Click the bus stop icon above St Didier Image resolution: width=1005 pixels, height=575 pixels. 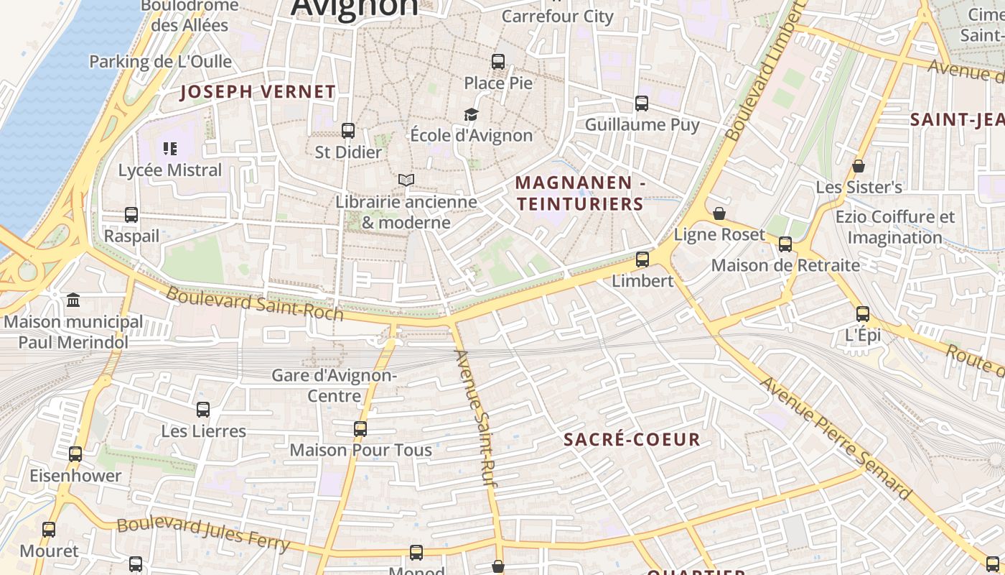[x=348, y=131]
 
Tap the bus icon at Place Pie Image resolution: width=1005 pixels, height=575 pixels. [x=498, y=62]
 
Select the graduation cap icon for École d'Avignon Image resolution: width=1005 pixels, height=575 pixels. [x=471, y=114]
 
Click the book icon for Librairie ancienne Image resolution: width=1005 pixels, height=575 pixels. [x=406, y=180]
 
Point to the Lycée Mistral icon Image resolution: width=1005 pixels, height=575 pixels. [x=170, y=149]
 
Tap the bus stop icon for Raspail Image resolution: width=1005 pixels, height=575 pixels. [x=131, y=215]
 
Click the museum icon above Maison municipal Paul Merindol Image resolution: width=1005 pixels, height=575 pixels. [x=73, y=300]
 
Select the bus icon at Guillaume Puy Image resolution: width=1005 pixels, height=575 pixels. [x=642, y=103]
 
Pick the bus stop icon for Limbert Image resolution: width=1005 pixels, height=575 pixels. [x=642, y=259]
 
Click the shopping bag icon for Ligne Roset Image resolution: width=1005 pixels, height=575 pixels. [x=719, y=213]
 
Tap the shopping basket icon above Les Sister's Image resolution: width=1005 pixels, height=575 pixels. [x=859, y=166]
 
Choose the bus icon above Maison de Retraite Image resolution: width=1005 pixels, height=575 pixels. [x=785, y=244]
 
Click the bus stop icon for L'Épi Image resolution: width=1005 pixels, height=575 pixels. [x=863, y=314]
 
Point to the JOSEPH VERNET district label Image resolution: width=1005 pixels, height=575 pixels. [x=258, y=92]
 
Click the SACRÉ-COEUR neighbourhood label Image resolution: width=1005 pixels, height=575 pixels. [x=632, y=440]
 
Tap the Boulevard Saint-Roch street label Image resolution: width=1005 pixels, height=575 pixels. [x=255, y=304]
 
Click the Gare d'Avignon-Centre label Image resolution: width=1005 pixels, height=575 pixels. [x=334, y=385]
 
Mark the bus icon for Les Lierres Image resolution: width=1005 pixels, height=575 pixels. [x=203, y=410]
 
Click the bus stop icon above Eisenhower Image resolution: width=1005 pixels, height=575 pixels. [x=75, y=454]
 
